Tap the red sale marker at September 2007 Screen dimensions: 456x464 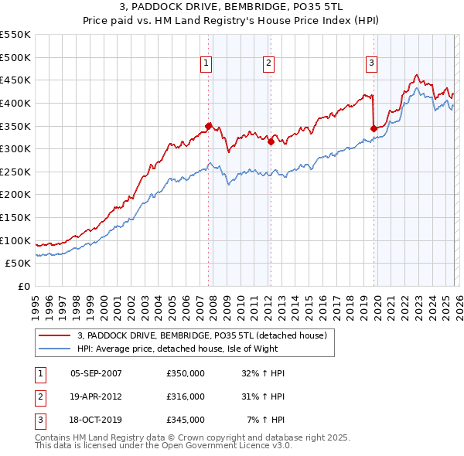point(208,125)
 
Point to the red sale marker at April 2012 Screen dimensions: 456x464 point(271,141)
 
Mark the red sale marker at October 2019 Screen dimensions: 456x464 point(374,128)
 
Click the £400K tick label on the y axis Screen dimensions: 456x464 point(15,103)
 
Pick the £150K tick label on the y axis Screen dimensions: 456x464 point(15,217)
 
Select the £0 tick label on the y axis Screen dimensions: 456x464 point(23,286)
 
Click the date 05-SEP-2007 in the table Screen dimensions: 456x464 point(96,373)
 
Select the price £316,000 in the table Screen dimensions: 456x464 point(186,396)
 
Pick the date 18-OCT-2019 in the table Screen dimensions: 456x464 point(96,420)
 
